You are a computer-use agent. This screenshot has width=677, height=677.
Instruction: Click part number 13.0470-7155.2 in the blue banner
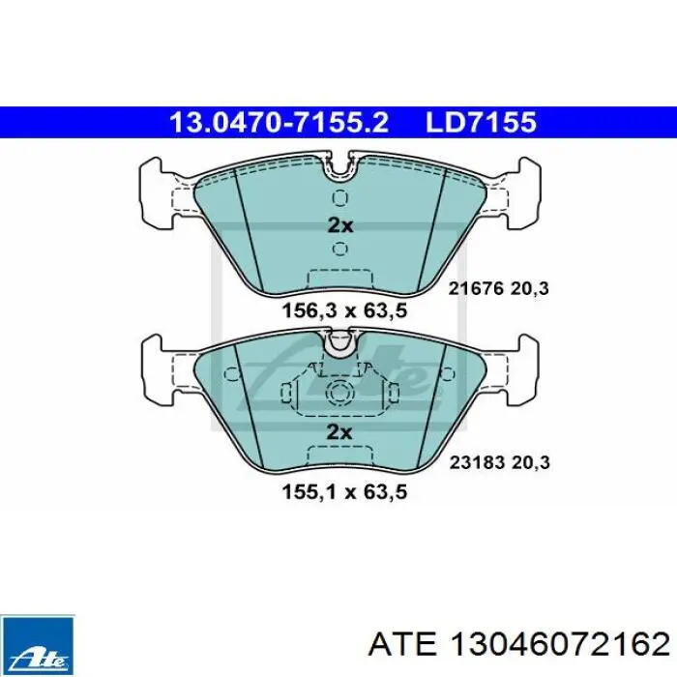coord(280,123)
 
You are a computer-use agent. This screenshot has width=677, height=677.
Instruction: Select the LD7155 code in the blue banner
coord(481,123)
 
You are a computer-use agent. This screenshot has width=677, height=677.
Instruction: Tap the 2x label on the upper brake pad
coord(340,225)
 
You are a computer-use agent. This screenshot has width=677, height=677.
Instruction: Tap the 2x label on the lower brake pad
coord(339,432)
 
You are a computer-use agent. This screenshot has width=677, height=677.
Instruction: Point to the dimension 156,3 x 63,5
coord(344,310)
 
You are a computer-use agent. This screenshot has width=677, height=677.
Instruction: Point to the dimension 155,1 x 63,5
coord(344,492)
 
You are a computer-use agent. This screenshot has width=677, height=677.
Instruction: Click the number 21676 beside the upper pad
coord(476,288)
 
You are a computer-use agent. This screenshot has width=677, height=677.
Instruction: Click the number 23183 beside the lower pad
coord(477,463)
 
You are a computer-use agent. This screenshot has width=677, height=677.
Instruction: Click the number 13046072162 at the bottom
coord(559,646)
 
